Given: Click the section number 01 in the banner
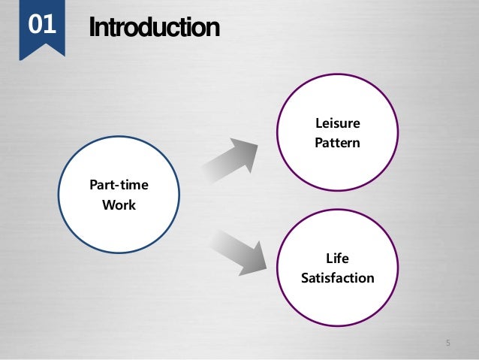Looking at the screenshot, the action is click(x=41, y=25).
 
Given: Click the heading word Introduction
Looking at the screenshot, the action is click(x=154, y=28).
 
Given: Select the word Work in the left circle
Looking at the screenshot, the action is click(x=119, y=204).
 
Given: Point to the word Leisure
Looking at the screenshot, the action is click(x=337, y=123).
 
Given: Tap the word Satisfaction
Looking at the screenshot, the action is click(x=337, y=278).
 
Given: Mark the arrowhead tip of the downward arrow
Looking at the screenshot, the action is click(x=267, y=267).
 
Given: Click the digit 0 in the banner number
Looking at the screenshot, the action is click(x=34, y=25).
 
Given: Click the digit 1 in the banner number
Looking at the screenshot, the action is click(x=49, y=25).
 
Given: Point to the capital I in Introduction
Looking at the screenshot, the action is click(x=92, y=28).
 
